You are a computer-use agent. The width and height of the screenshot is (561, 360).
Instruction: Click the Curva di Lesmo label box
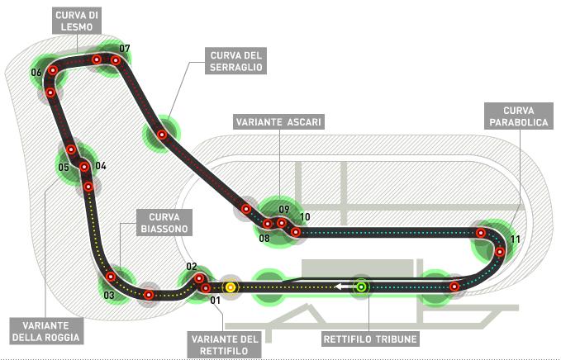[x=77, y=21]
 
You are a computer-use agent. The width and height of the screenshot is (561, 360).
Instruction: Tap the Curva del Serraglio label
[x=235, y=61]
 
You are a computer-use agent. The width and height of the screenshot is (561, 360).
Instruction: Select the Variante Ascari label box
[x=278, y=122]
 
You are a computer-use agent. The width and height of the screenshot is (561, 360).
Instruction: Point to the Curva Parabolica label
[x=518, y=116]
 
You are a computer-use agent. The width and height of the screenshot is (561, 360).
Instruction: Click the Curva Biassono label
[x=164, y=223]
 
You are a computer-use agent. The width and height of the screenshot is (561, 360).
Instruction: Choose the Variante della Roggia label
[x=46, y=331]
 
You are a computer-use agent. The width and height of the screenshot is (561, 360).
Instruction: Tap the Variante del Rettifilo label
[x=225, y=344]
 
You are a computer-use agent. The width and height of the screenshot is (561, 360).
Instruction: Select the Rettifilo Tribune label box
[x=370, y=339]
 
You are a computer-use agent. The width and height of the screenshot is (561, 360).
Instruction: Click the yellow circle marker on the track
[x=231, y=287]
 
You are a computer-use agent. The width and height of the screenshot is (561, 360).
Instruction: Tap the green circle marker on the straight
[x=361, y=287]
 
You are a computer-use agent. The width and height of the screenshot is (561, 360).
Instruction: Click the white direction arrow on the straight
[x=344, y=287]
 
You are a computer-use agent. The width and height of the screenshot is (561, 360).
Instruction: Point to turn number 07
[x=125, y=48]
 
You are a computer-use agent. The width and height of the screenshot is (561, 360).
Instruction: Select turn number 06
[x=36, y=73]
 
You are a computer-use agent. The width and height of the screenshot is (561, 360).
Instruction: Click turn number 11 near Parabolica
[x=516, y=239]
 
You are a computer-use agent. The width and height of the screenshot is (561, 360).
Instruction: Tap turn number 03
[x=109, y=295]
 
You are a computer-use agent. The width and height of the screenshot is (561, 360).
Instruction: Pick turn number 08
[x=264, y=238]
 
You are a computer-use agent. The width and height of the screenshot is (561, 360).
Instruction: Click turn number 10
[x=305, y=217]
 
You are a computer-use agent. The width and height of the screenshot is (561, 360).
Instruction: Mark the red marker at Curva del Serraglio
[x=163, y=135]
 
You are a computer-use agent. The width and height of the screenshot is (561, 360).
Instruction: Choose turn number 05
[x=64, y=168]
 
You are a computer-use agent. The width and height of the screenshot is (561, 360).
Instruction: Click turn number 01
[x=215, y=301]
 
